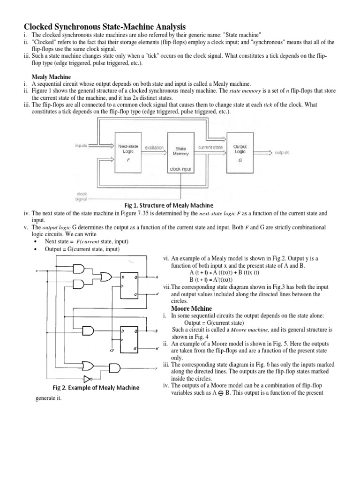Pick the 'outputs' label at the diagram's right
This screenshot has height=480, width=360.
point(282,152)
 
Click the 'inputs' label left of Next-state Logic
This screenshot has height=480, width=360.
point(82,145)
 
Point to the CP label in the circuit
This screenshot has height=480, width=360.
point(112,350)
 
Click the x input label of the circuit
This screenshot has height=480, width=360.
point(37,271)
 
